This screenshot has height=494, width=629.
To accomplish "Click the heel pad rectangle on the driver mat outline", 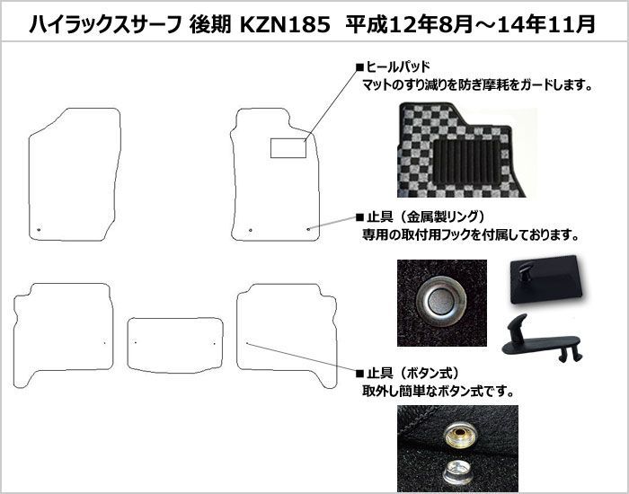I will pos(288,147).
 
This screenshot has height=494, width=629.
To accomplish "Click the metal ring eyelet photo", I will pos(441,297).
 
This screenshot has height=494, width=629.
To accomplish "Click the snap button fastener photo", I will pos(455,445).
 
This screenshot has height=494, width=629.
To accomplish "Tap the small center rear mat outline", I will pos(174,344).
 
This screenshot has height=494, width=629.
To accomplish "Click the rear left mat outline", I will pos(63,332).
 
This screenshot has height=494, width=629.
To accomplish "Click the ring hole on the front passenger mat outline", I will pos(39,233).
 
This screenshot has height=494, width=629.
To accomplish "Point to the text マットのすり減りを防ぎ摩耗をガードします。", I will pos(476,86).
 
